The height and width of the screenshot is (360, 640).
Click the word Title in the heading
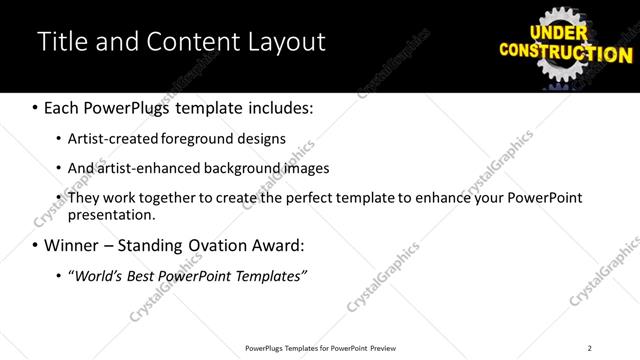click(x=58, y=42)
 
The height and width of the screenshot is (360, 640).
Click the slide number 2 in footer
click(x=590, y=348)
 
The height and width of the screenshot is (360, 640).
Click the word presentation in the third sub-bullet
click(x=111, y=214)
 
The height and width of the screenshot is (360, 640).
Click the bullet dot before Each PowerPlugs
click(x=35, y=107)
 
